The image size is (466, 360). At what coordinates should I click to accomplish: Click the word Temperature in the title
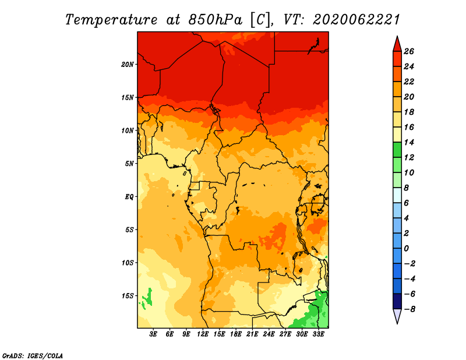point(111,20)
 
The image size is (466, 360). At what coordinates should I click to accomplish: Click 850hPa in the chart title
point(215,20)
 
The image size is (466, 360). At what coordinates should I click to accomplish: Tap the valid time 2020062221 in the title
point(356,20)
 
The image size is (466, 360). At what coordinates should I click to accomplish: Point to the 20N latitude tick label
point(128,65)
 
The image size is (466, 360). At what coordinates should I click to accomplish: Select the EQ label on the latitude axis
point(129,197)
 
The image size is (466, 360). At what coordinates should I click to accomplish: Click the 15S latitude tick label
point(128,296)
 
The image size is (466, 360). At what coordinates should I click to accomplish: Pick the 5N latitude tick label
point(129,164)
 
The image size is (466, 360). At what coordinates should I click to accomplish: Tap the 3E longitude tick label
point(153,334)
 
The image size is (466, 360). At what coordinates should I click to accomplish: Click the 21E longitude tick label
point(252,334)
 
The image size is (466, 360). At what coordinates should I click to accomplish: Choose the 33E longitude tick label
point(318,334)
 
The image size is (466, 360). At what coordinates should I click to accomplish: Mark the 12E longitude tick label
point(203,334)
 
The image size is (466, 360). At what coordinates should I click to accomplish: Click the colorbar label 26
point(409,51)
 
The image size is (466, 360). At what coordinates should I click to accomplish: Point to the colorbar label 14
point(409,142)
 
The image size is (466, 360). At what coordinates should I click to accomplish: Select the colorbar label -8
point(409,309)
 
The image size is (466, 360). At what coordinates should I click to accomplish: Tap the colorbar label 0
point(406,249)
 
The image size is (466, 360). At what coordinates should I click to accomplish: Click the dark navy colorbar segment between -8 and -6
point(397,301)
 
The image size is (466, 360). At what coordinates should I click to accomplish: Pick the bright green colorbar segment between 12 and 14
point(397,150)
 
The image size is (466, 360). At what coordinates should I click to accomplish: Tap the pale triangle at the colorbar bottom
point(397,315)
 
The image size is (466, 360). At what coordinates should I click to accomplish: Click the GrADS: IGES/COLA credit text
point(33,356)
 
